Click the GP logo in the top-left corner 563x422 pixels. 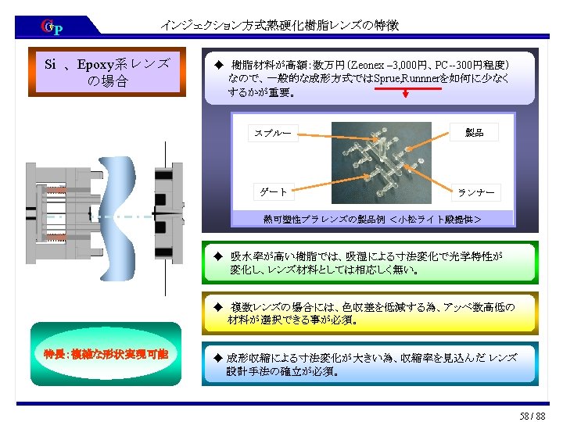click(52, 28)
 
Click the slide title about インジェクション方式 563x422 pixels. click(279, 25)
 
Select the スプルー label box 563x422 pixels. click(272, 133)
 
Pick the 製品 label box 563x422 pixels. click(475, 132)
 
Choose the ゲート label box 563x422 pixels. click(274, 191)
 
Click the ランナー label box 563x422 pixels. click(475, 191)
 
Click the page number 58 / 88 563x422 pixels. click(531, 414)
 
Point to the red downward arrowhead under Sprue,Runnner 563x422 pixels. click(406, 95)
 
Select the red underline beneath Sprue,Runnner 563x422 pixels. click(406, 88)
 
